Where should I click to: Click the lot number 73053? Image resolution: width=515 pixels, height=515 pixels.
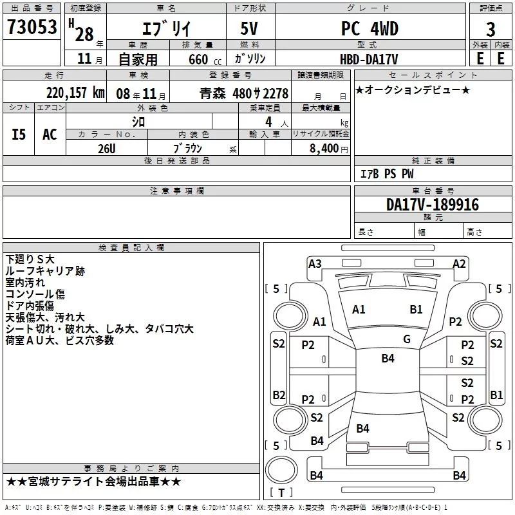[x=32, y=27]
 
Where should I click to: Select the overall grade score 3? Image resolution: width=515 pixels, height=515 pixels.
[x=491, y=29]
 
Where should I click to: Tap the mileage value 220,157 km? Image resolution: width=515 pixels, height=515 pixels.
[x=75, y=93]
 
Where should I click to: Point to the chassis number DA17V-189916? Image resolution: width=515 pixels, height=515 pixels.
[x=433, y=205]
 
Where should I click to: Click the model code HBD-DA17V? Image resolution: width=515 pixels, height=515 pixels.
[x=369, y=59]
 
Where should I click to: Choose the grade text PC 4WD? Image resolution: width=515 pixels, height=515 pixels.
[x=370, y=28]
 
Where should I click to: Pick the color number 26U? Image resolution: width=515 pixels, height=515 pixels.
[x=107, y=149]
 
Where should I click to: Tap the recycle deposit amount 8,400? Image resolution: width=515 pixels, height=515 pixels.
[x=324, y=148]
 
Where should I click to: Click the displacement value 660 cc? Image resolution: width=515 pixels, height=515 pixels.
[x=205, y=59]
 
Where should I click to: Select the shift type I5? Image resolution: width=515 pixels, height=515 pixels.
[x=19, y=135]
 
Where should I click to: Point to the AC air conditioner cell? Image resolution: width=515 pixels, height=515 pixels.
[x=50, y=134]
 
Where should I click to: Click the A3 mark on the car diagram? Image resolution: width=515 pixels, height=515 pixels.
[x=315, y=264]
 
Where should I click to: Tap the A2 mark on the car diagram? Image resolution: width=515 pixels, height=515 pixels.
[x=459, y=264]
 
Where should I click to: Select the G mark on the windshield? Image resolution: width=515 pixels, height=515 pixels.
[x=407, y=339]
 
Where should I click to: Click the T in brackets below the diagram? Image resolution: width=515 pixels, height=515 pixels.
[x=281, y=492]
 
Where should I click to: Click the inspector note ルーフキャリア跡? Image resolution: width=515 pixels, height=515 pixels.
[x=45, y=271]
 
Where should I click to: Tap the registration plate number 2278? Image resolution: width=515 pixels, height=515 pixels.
[x=276, y=93]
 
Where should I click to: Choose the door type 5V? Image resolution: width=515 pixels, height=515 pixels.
[x=249, y=28]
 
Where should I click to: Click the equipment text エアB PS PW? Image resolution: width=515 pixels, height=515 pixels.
[x=387, y=174]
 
